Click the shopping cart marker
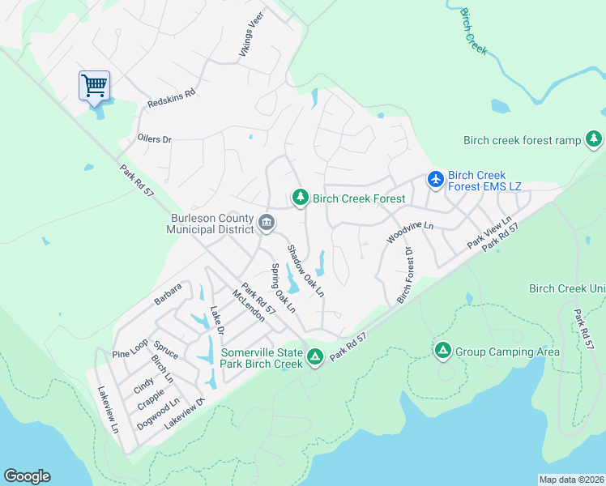click(94, 85)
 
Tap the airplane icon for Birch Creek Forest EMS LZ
click(436, 179)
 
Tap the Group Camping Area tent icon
click(442, 351)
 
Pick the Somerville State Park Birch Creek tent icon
click(314, 356)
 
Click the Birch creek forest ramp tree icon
click(594, 139)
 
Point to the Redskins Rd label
click(172, 99)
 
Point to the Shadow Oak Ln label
click(305, 270)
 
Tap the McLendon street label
click(248, 305)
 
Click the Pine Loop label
click(130, 349)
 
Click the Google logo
click(27, 476)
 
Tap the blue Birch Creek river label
click(473, 32)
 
